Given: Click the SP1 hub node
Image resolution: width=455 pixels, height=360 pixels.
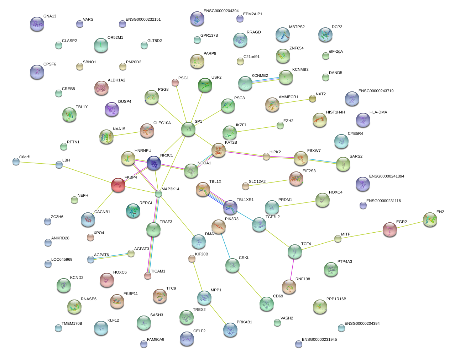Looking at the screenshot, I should point(188,129).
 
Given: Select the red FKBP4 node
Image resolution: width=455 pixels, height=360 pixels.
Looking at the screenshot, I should point(118,185).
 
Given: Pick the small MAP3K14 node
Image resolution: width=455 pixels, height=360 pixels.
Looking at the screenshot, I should point(158,194).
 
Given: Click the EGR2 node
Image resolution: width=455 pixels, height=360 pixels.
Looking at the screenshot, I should point(390,229).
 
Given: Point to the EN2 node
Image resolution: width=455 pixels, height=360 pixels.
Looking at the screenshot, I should point(430,219).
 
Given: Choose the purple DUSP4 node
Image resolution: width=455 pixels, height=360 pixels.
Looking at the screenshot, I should point(112,109).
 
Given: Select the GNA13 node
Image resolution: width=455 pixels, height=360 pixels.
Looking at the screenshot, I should point(37,24).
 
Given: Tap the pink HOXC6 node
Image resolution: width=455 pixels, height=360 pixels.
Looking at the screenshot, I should point(107,280).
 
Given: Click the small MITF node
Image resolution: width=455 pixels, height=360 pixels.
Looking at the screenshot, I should point(338,239).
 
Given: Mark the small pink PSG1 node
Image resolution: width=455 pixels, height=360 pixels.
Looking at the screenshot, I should point(175,83).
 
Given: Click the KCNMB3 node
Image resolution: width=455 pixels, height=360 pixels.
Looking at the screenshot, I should point(286,77).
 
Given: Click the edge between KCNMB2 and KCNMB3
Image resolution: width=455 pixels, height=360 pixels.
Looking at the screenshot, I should point(265,80).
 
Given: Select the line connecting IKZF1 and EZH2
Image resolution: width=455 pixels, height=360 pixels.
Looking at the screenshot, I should point(255,129).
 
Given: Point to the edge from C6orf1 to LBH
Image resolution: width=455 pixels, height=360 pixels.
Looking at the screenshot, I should point(37,163).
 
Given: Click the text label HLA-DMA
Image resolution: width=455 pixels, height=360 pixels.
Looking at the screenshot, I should point(378,112).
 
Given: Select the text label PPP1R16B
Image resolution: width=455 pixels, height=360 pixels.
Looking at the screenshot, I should point(336,299).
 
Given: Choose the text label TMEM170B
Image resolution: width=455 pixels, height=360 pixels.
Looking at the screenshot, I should point(72,324).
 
